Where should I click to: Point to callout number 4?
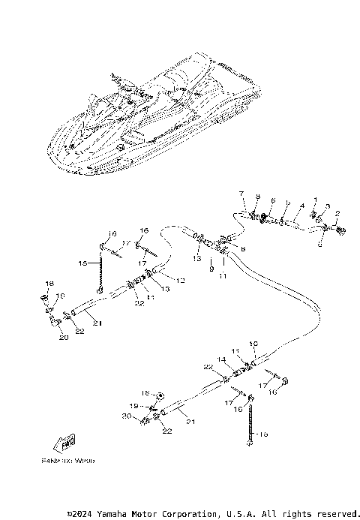point(301,206)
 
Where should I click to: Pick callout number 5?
point(288,203)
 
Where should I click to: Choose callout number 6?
point(273,201)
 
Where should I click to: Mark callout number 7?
point(241,194)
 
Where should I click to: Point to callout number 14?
point(221,359)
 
